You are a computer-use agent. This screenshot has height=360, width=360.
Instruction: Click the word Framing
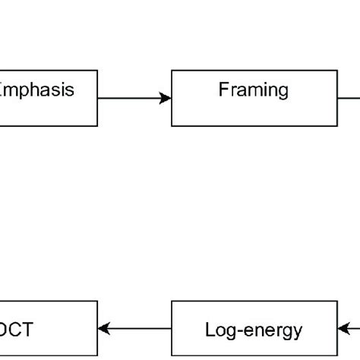(254, 90)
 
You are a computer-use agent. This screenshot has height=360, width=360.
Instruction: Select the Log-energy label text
(254, 330)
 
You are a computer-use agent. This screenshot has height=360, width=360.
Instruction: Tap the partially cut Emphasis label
(37, 90)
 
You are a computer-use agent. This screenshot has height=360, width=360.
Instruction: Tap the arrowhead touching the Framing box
(166, 98)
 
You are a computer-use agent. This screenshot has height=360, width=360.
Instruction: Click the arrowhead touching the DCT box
(104, 329)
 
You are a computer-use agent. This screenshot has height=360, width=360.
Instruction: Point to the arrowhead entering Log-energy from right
(343, 329)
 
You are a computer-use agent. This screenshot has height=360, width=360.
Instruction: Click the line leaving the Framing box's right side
(348, 98)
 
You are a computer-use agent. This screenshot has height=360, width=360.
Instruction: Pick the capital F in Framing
(223, 90)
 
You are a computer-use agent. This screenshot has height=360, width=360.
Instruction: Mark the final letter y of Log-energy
(298, 332)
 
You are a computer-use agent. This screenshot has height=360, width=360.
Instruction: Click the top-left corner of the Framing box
(172, 71)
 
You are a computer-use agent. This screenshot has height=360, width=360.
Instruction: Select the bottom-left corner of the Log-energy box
(172, 357)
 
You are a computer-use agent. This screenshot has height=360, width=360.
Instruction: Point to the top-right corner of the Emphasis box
(97, 71)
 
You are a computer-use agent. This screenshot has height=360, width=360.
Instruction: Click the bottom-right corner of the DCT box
(97, 357)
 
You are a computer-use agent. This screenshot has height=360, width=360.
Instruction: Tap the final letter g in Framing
(283, 92)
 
